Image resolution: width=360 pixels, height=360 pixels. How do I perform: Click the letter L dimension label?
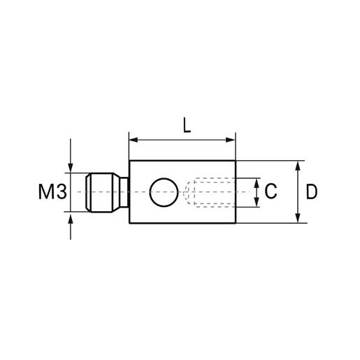pyautogui.click(x=185, y=125)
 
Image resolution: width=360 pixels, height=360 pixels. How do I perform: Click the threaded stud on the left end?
pyautogui.click(x=101, y=192)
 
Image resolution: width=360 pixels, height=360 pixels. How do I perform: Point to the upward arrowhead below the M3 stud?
pyautogui.click(x=71, y=217)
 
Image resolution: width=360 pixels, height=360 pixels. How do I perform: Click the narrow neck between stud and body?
pyautogui.click(x=124, y=192)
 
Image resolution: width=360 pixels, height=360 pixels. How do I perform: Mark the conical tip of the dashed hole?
pyautogui.click(x=189, y=192)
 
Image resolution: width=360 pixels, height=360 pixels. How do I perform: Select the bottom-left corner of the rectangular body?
pyautogui.click(x=130, y=224)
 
